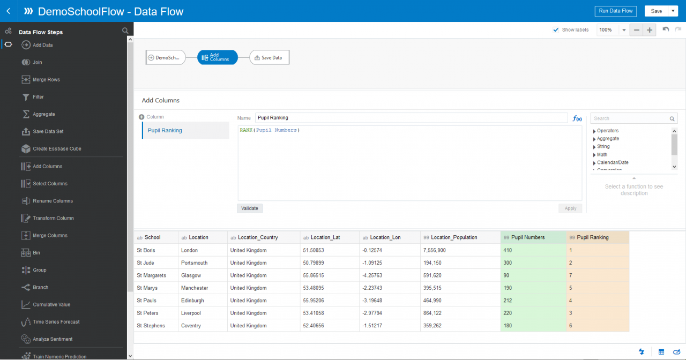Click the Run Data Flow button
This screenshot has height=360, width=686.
(616, 11)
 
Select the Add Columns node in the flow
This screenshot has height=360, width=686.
(217, 57)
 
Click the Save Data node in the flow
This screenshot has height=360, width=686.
(269, 57)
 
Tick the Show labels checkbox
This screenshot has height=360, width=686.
(556, 30)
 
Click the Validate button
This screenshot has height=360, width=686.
(250, 208)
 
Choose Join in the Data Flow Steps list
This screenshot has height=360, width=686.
(38, 63)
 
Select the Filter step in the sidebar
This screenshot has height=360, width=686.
(38, 97)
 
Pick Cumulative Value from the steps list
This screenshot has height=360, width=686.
(51, 305)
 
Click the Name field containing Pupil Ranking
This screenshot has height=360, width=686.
(411, 118)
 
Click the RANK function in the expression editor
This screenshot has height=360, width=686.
(246, 130)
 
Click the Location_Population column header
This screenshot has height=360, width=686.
(454, 237)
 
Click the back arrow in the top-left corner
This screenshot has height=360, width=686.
(8, 11)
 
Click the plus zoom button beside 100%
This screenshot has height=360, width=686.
(650, 30)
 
